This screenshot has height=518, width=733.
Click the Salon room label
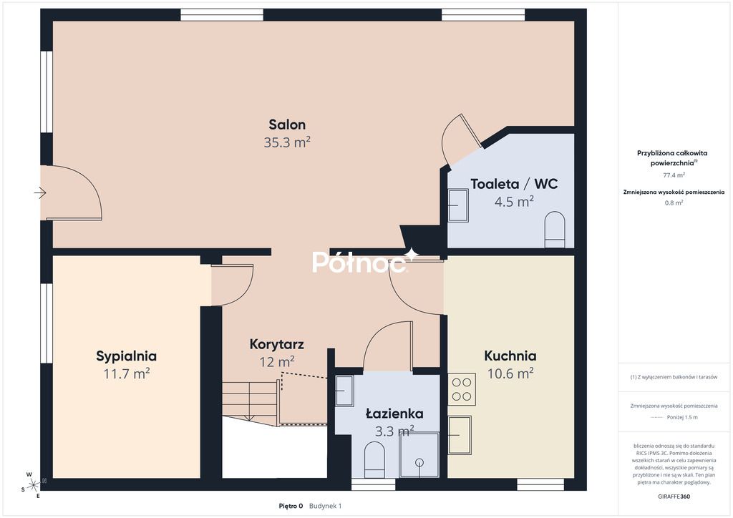pyautogui.click(x=287, y=124)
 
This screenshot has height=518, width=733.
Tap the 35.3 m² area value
pyautogui.click(x=287, y=142)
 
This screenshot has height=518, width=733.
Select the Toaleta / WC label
pyautogui.click(x=514, y=184)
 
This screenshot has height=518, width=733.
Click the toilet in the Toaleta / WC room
pyautogui.click(x=555, y=230)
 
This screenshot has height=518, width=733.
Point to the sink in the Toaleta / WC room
pyautogui.click(x=457, y=206)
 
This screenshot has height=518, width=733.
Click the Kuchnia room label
pyautogui.click(x=510, y=356)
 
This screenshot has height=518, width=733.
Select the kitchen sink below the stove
pyautogui.click(x=460, y=434)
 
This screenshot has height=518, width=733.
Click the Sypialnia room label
pyautogui.click(x=127, y=356)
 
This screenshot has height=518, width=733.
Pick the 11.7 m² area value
pyautogui.click(x=127, y=373)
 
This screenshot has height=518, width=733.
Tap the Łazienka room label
pyautogui.click(x=394, y=414)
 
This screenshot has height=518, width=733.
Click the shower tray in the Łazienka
pyautogui.click(x=419, y=456)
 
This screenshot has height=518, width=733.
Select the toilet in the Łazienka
pyautogui.click(x=375, y=459)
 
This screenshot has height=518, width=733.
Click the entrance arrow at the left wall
pyautogui.click(x=39, y=192)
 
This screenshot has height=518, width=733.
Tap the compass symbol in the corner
pyautogui.click(x=34, y=484)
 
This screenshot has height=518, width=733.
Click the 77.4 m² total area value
pyautogui.click(x=673, y=175)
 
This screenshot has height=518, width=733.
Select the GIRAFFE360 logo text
pyautogui.click(x=673, y=496)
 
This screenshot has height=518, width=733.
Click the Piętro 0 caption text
pyautogui.click(x=291, y=506)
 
